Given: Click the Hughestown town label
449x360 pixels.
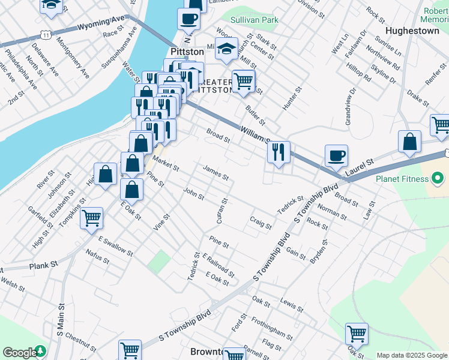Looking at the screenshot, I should pyautogui.click(x=414, y=31).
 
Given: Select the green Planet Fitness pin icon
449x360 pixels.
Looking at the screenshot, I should pyautogui.click(x=438, y=179).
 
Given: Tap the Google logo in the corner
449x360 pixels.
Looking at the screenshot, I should pyautogui.click(x=20, y=353).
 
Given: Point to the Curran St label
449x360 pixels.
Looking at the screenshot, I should pyautogui.click(x=221, y=211).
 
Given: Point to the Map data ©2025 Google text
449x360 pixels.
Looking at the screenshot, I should pyautogui.click(x=412, y=355).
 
